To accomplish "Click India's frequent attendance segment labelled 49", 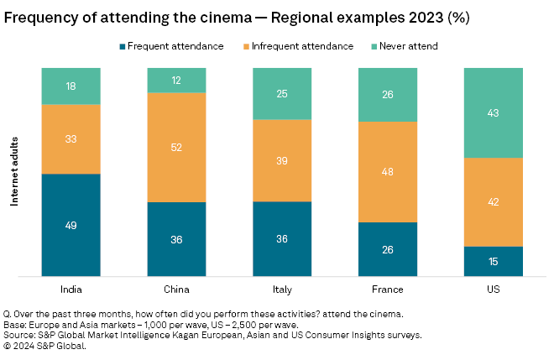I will (71, 224).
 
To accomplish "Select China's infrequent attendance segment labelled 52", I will (176, 147).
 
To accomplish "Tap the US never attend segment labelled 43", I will (493, 112).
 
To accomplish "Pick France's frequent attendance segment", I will (388, 248).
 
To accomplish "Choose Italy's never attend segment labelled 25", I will (282, 93).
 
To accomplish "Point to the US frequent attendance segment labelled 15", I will (493, 261).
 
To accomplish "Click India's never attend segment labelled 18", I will (71, 86).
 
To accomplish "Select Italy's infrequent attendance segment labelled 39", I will (282, 160).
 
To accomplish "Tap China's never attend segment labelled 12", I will (176, 80).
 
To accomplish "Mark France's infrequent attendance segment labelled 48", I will (388, 171).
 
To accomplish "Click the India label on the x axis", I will (71, 289).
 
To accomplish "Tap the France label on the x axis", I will (388, 289).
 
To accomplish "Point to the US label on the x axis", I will (493, 289).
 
